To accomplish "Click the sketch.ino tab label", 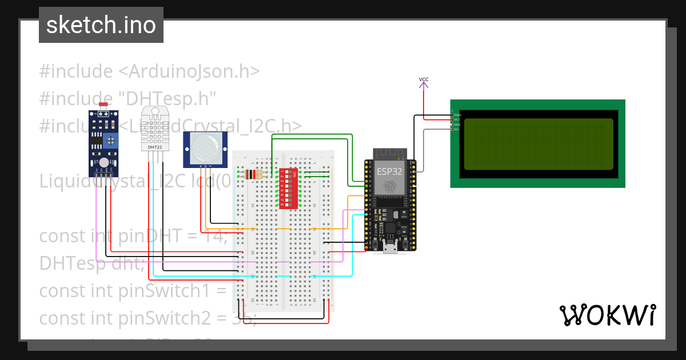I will click(101, 25).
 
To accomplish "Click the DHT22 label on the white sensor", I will click(154, 147).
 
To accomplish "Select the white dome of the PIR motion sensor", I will click(205, 147).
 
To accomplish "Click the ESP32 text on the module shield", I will click(390, 171).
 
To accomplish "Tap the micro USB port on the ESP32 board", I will click(390, 247).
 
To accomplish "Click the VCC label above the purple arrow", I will click(424, 79).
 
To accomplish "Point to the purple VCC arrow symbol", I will click(424, 86).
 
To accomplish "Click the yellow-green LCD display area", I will click(539, 145).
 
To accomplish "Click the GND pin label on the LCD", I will click(457, 115).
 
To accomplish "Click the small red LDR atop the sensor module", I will click(103, 105).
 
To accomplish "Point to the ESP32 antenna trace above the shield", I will click(390, 154).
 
